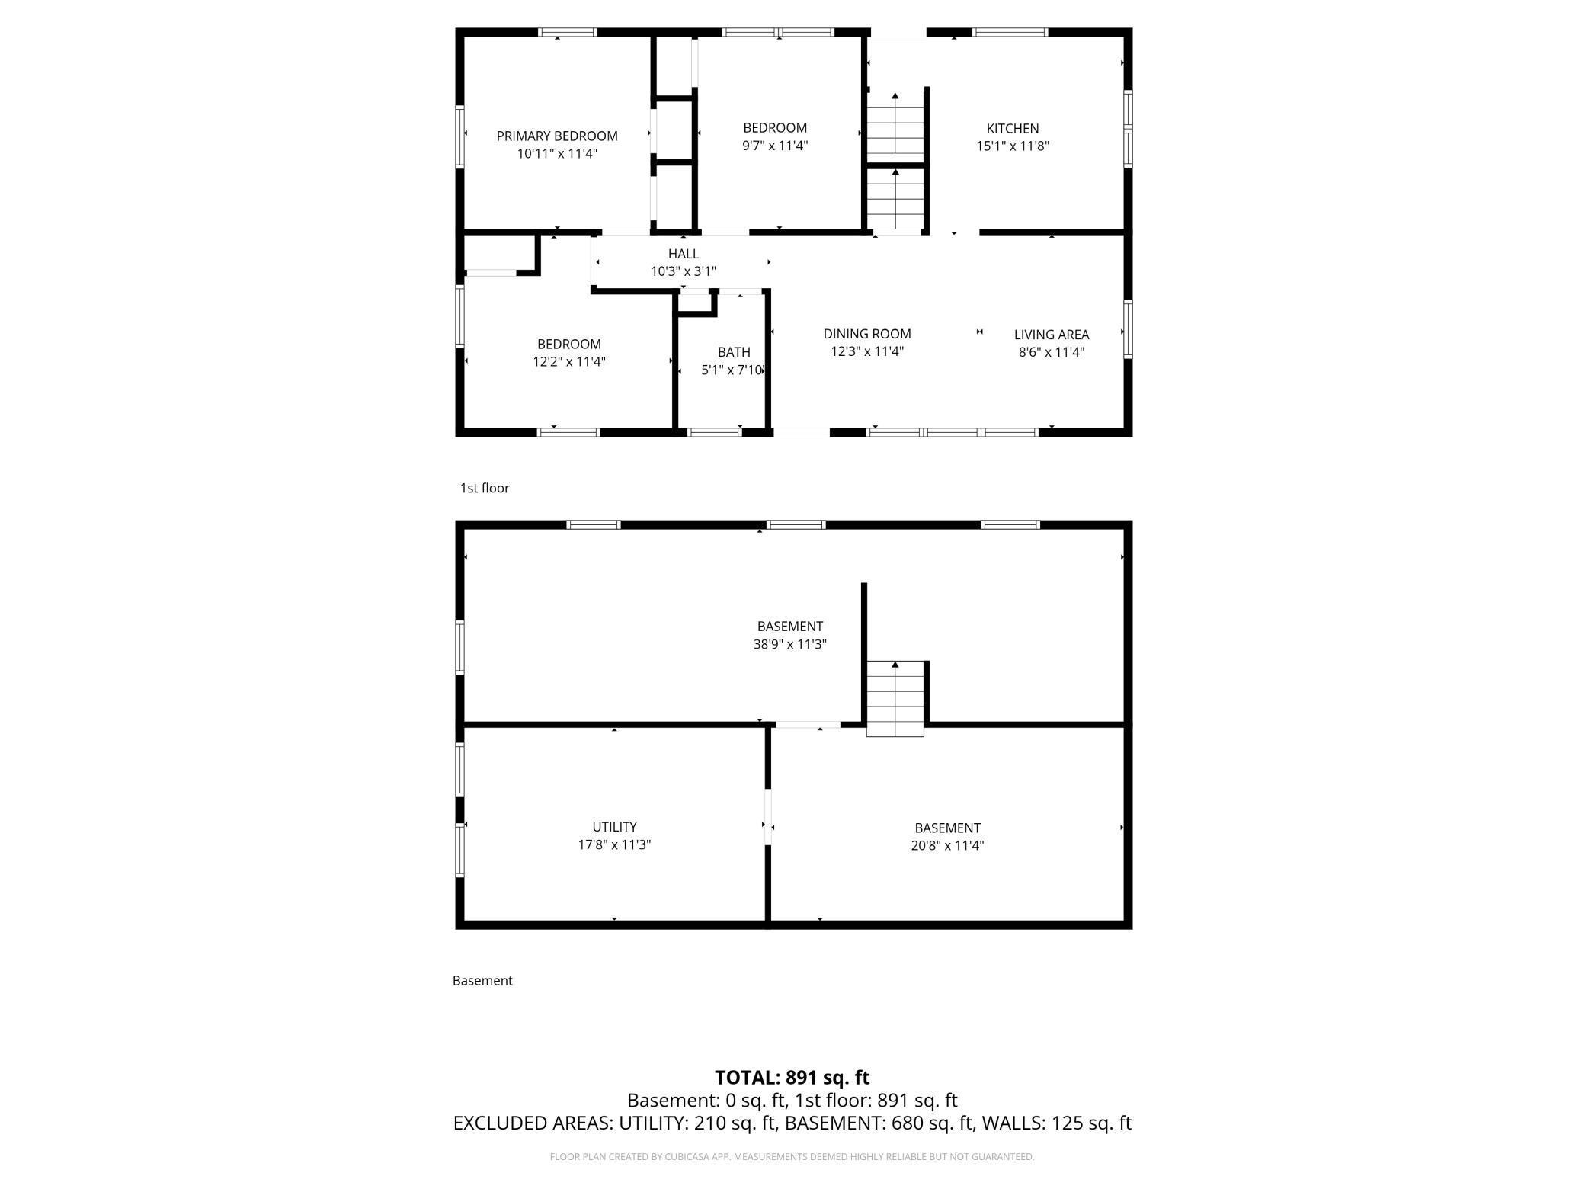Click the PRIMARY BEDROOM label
pyautogui.click(x=557, y=136)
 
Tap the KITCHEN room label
pyautogui.click(x=1013, y=129)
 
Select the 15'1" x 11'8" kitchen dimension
pyautogui.click(x=1013, y=146)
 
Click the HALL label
pyautogui.click(x=684, y=254)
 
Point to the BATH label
pyautogui.click(x=734, y=352)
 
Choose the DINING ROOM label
pyautogui.click(x=867, y=334)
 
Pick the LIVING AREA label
pyautogui.click(x=1052, y=335)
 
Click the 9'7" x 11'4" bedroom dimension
pyautogui.click(x=775, y=146)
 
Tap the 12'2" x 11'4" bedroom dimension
pyautogui.click(x=569, y=362)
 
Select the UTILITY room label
pyautogui.click(x=614, y=827)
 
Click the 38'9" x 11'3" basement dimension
pyautogui.click(x=790, y=644)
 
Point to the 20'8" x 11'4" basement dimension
pyautogui.click(x=947, y=845)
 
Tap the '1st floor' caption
pyautogui.click(x=485, y=489)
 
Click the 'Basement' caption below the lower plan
pyautogui.click(x=482, y=981)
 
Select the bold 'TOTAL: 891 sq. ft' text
pyautogui.click(x=792, y=1078)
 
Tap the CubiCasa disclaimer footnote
pyautogui.click(x=792, y=1157)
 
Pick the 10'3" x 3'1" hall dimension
pyautogui.click(x=684, y=271)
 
